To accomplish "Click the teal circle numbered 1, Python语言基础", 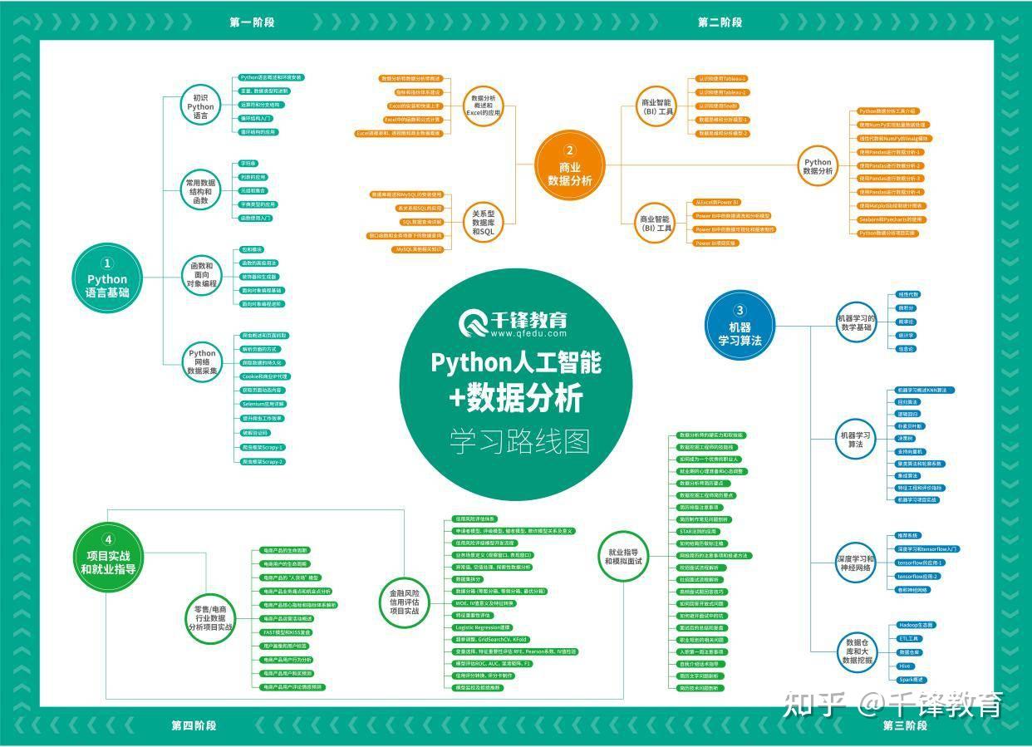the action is point(107,278).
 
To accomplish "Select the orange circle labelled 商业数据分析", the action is point(569,165).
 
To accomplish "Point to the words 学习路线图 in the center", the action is point(519,440).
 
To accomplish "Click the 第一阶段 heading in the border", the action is point(252,22).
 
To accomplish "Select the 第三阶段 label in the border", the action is point(905,725).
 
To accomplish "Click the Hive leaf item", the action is point(905,666).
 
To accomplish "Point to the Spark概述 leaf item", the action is point(912,679).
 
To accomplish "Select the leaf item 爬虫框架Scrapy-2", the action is point(263,461).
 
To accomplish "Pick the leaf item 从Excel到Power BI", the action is point(717,202).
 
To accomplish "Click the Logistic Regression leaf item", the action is point(483,627).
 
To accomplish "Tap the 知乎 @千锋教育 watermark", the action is point(893,705).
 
